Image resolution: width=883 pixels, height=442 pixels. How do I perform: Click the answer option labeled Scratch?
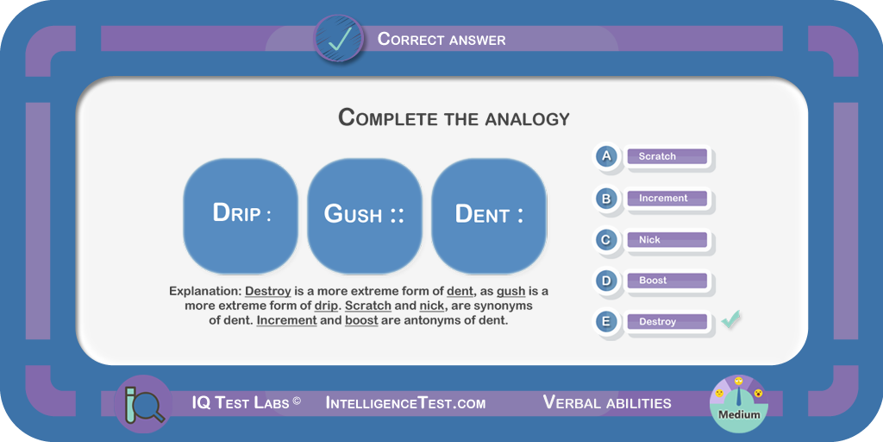click(x=667, y=156)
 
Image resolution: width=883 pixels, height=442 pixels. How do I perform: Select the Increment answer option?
click(x=667, y=198)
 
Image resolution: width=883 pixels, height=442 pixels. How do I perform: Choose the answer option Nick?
click(x=667, y=240)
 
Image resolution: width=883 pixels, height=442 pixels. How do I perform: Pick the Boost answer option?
click(x=667, y=281)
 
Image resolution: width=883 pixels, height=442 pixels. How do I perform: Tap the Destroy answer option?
click(x=667, y=322)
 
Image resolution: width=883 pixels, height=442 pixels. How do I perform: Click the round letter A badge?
click(x=606, y=155)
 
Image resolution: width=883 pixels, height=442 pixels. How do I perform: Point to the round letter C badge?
click(x=606, y=240)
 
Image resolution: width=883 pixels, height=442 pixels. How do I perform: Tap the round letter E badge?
click(x=606, y=321)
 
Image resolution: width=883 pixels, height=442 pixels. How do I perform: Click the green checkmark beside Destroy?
click(x=731, y=319)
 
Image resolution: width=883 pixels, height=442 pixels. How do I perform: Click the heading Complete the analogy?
click(x=454, y=117)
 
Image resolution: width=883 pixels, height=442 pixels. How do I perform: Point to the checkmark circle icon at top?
click(x=338, y=38)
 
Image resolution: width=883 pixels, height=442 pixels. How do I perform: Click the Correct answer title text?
click(x=441, y=39)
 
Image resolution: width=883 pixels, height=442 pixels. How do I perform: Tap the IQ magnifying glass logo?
click(x=142, y=404)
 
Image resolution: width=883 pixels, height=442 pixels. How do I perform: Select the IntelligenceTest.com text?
click(x=405, y=403)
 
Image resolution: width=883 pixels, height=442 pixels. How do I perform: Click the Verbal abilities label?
click(x=607, y=402)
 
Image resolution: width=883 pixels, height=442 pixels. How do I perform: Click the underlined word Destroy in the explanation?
click(x=268, y=292)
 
